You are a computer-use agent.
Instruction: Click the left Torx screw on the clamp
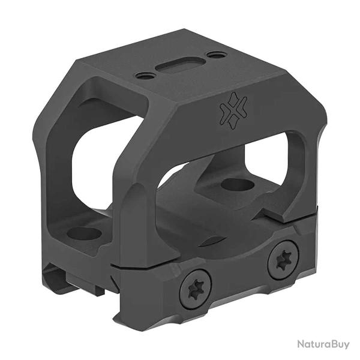coord(196,289)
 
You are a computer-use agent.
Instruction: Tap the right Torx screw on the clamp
coord(283,260)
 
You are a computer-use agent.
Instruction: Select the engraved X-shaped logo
coord(233,110)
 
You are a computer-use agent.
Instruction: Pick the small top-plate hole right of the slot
coord(217,55)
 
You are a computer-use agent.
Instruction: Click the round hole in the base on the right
coord(238,184)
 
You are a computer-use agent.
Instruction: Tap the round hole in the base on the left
coord(84,234)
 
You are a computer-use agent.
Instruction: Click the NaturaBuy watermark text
coord(323,344)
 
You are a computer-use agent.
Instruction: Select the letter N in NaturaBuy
coord(301,344)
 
